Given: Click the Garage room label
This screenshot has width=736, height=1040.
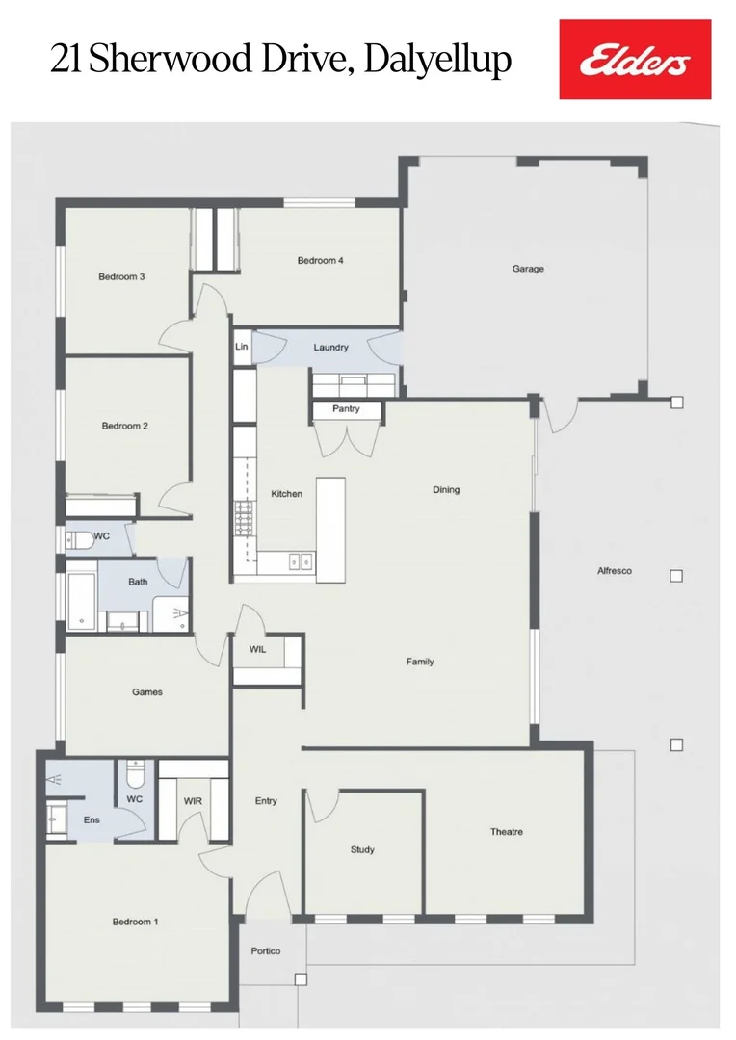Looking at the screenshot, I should tap(528, 269).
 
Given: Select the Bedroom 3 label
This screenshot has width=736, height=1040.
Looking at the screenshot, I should tap(121, 277).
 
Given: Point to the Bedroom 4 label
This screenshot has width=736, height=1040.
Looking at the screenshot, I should tap(320, 260).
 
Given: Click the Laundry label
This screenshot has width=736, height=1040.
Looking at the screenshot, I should tap(330, 347).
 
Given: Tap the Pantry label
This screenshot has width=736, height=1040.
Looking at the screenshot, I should tap(346, 409).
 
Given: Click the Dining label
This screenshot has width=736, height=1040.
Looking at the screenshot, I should tap(446, 489).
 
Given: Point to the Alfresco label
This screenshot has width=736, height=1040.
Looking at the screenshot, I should tap(615, 571).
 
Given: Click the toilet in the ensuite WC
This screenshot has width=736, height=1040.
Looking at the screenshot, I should tap(136, 774).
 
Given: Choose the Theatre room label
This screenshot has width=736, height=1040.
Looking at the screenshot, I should tap(506, 831).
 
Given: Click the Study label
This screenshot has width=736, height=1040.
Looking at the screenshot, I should tap(362, 849).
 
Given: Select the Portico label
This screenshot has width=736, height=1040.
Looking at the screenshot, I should tap(266, 951).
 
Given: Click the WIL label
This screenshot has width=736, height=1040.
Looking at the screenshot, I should tap(257, 650).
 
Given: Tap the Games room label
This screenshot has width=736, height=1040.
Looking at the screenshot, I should tap(147, 691).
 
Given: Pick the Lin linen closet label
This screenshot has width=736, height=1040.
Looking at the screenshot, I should tap(241, 347).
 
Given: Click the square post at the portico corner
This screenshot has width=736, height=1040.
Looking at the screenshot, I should tap(301, 979).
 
